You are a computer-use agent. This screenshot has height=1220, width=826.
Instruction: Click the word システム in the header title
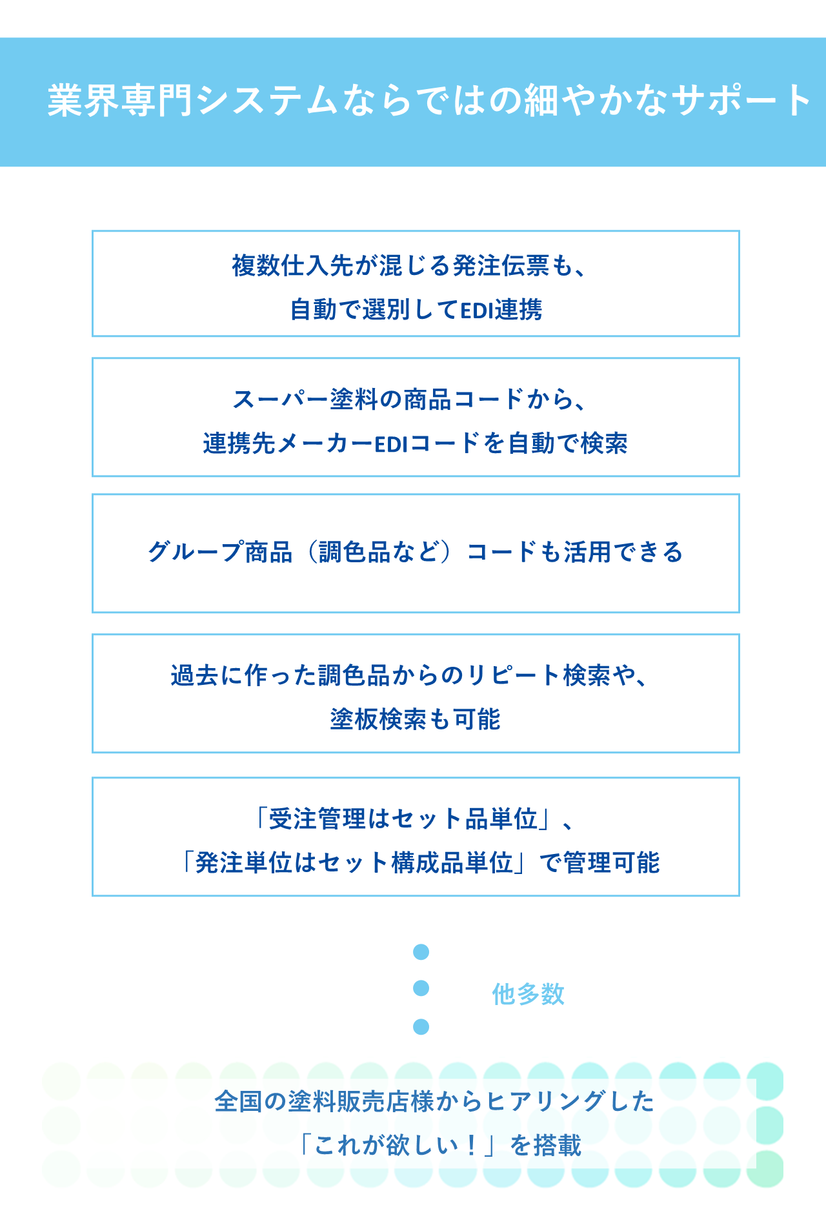coord(267,101)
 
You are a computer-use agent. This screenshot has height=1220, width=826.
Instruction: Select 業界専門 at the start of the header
coord(120,101)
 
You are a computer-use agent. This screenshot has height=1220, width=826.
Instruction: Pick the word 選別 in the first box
coord(387,310)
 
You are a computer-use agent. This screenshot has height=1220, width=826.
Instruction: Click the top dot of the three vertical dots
coord(421,952)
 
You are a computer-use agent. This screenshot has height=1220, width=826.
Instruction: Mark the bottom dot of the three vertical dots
coord(421,1026)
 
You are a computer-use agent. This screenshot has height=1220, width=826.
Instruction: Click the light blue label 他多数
coord(528,994)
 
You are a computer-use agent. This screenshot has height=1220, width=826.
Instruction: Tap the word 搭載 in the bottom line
coord(558,1145)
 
